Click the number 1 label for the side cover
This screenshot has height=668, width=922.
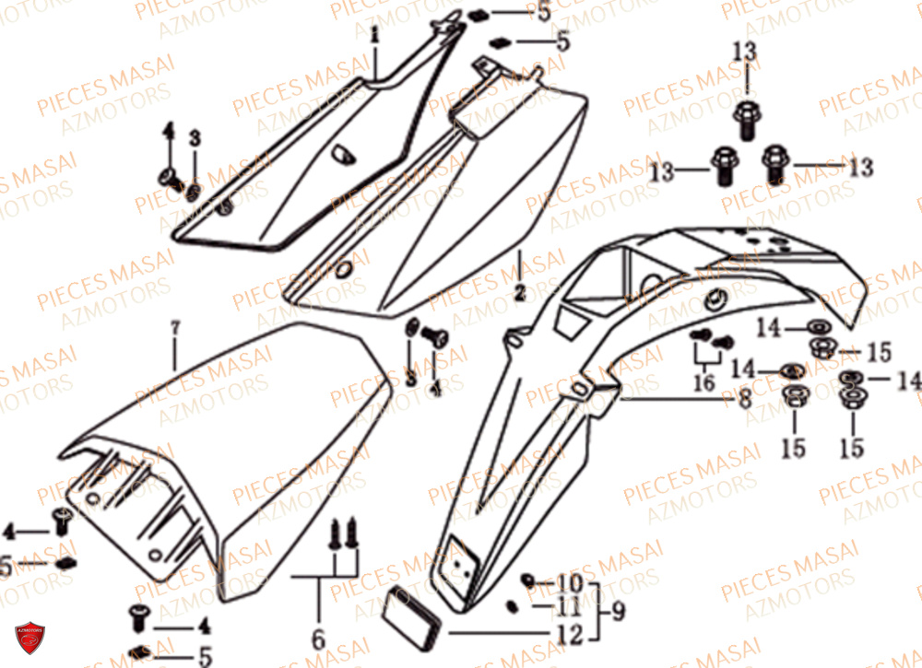375,36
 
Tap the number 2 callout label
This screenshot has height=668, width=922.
520,294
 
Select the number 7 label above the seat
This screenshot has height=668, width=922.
175,327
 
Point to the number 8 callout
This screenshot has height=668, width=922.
744,400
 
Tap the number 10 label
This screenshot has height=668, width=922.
570,583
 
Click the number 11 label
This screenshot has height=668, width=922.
570,609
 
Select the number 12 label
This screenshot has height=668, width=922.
570,635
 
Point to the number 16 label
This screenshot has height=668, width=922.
703,381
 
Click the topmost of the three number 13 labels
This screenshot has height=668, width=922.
745,54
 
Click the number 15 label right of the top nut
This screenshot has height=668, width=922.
878,351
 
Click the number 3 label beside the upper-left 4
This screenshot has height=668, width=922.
195,138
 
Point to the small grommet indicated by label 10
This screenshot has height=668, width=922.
528,580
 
